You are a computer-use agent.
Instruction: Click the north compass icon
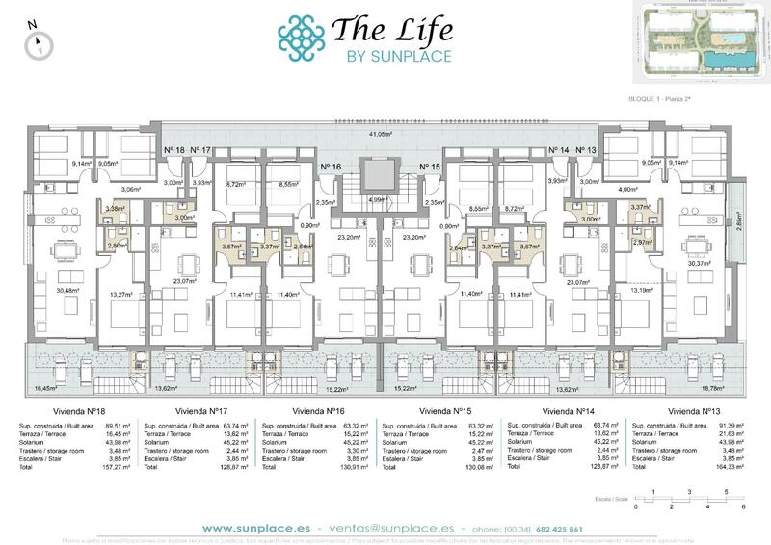point(38,41)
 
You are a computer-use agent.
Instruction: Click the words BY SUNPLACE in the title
point(397,56)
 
